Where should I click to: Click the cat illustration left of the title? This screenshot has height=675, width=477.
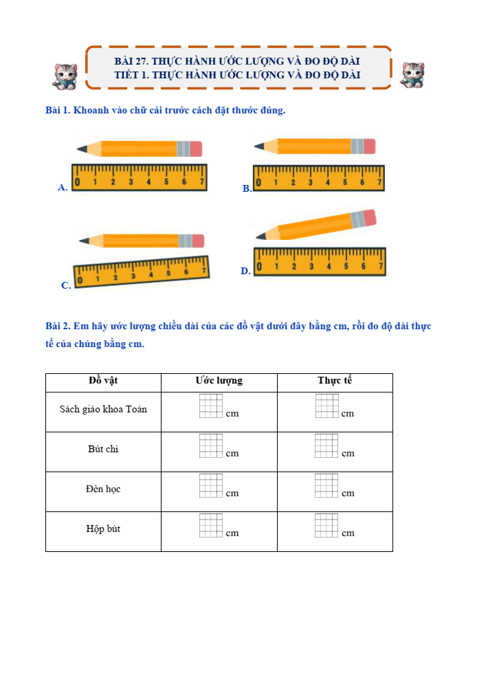click(x=65, y=76)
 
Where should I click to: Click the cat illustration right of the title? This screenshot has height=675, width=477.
click(x=412, y=75)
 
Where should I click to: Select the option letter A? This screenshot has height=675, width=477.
click(x=63, y=187)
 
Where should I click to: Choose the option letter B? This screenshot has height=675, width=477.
click(x=247, y=188)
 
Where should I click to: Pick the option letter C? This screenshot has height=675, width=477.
click(x=66, y=285)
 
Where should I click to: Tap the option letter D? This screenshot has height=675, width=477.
click(x=245, y=271)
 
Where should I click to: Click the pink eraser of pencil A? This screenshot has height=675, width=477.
click(x=196, y=149)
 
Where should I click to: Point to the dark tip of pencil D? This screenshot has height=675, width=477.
click(x=260, y=236)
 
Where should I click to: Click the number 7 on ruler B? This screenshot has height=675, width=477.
click(x=379, y=182)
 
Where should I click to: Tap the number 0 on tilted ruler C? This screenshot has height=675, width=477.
click(x=80, y=281)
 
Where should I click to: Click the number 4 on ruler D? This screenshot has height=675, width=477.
click(x=329, y=267)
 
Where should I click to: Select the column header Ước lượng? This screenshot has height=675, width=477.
click(x=219, y=381)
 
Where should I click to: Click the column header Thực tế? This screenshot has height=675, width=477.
click(x=335, y=380)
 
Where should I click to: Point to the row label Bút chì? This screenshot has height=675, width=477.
click(x=103, y=449)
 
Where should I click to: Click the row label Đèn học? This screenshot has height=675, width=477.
click(x=103, y=489)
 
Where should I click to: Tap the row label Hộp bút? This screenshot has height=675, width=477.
click(x=103, y=529)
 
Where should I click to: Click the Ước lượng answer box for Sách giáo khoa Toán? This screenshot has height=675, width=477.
click(x=211, y=406)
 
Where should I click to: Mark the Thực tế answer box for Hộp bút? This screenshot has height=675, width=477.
click(x=326, y=525)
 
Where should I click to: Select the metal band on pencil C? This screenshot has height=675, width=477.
click(x=186, y=241)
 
